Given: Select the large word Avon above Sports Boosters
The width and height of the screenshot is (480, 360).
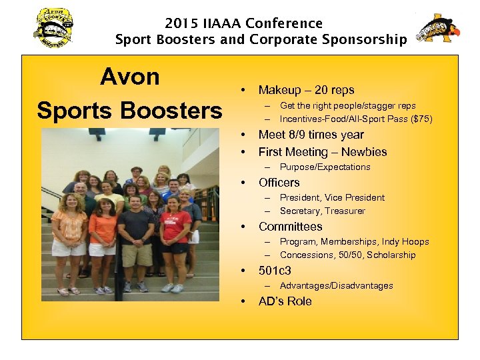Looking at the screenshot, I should tap(130, 77).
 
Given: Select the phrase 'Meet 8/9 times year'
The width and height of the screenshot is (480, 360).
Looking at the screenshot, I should tap(311, 135).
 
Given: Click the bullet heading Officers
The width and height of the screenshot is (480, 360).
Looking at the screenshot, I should tap(279, 183).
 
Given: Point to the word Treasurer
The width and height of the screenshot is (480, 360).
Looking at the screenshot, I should tap(344, 211).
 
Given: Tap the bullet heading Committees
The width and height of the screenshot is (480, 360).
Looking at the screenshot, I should tap(290, 227).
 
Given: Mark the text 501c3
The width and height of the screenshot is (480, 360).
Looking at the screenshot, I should tap(275, 271).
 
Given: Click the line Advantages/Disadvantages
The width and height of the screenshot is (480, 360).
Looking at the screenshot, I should tap(336, 286).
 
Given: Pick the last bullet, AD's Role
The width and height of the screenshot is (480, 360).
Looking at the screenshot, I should tap(285, 301).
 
